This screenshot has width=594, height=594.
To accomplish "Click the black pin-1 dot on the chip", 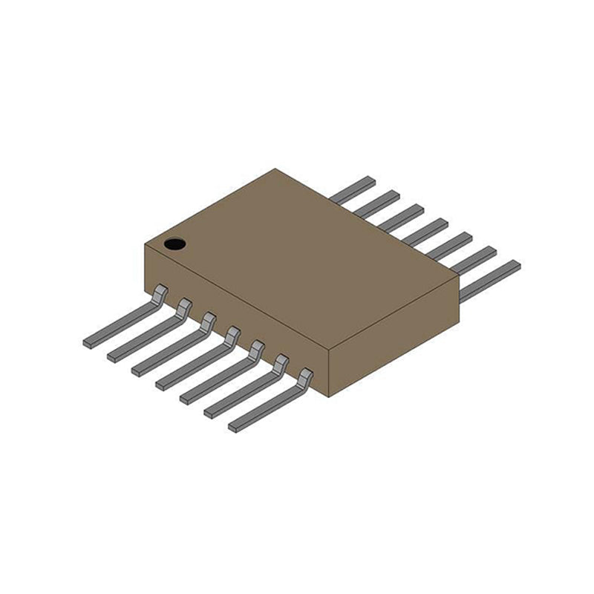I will coord(174,244).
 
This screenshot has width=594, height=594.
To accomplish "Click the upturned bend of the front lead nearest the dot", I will coord(159,292).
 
